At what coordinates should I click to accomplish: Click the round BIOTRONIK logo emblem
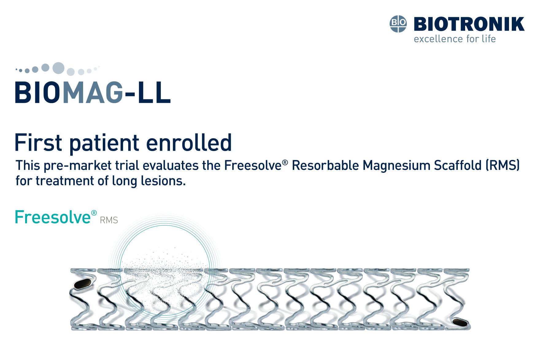[x=398, y=24]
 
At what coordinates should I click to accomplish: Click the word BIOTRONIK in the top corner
[x=469, y=24]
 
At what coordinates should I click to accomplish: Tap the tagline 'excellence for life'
[x=455, y=39]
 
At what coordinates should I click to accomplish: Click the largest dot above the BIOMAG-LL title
[x=58, y=68]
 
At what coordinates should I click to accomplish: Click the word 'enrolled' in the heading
[x=189, y=143]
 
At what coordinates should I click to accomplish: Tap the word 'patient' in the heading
[x=104, y=144]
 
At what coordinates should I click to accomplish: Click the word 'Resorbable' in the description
[x=325, y=165]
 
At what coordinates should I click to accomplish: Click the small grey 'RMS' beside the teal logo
[x=109, y=220]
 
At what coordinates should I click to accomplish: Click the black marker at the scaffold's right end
[x=460, y=322]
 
